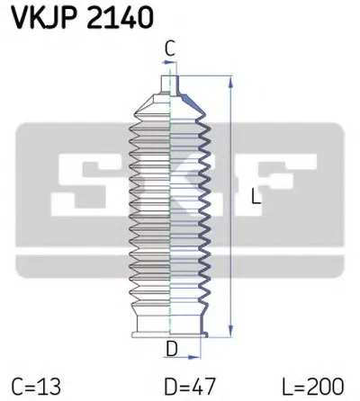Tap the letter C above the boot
pyautogui.click(x=170, y=52)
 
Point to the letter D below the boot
pyautogui.click(x=170, y=348)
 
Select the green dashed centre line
pyautogui.click(x=171, y=207)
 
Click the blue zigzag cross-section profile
pyautogui.click(x=205, y=207)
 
